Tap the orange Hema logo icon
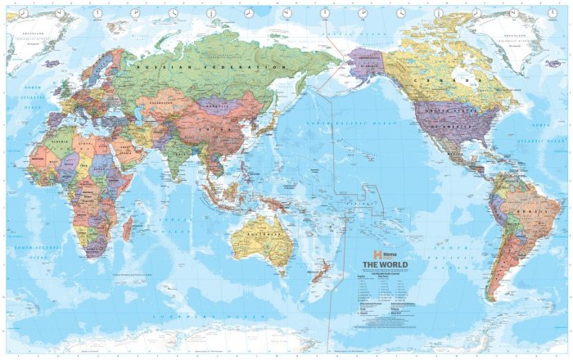click(x=378, y=254)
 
